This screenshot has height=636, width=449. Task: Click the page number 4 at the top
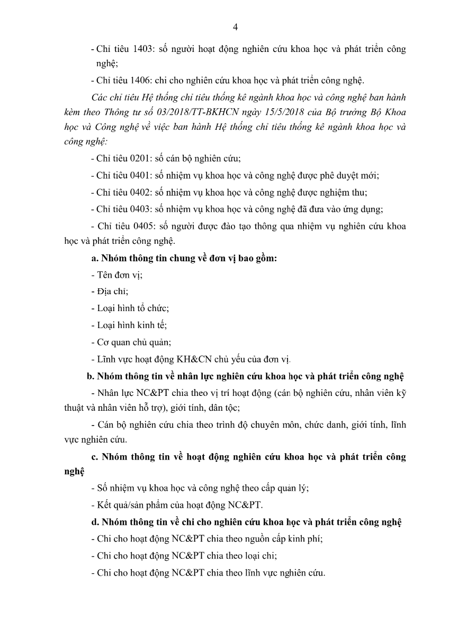pos(235,28)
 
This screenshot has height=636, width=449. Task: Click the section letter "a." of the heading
pos(95,259)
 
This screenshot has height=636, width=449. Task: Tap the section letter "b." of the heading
pos(91,377)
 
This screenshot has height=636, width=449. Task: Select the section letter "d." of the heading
pos(95,522)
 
